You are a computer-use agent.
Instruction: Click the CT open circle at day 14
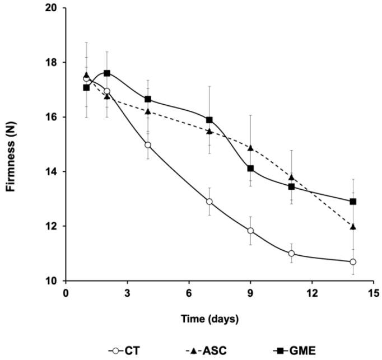(x=353, y=262)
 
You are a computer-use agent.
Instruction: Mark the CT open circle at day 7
(x=209, y=202)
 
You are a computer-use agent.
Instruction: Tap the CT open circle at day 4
(x=148, y=145)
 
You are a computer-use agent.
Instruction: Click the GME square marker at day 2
(x=107, y=73)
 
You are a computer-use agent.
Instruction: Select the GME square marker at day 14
(x=353, y=202)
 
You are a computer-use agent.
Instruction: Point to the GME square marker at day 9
(x=250, y=169)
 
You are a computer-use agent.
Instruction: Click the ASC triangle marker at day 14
(x=353, y=227)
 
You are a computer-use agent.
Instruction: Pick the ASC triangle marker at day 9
(x=250, y=148)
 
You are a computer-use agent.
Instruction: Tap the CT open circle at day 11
(x=291, y=254)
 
